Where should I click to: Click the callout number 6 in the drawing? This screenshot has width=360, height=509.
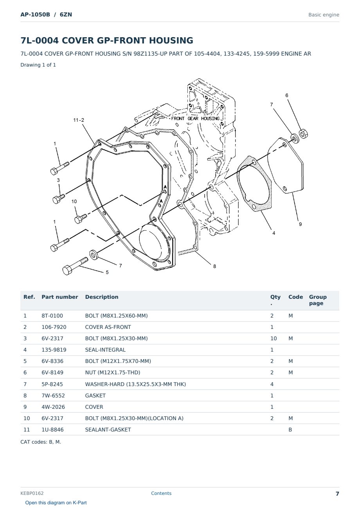[287, 96]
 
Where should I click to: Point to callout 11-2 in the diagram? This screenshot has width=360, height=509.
[79, 120]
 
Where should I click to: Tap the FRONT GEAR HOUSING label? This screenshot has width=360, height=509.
[195, 118]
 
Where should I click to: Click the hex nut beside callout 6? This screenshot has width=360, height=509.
[303, 134]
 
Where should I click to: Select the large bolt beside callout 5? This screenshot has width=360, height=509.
[75, 266]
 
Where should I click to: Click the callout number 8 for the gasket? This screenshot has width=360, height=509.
[214, 266]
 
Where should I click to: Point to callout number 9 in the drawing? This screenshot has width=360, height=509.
[300, 224]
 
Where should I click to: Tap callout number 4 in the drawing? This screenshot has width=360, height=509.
[274, 233]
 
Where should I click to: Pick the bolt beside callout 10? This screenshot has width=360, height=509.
[81, 218]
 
